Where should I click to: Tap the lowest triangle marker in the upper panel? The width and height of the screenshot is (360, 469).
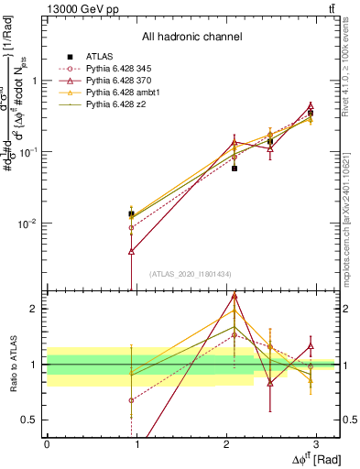(132, 250)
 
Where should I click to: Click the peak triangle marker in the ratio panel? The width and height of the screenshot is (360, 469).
(235, 296)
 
